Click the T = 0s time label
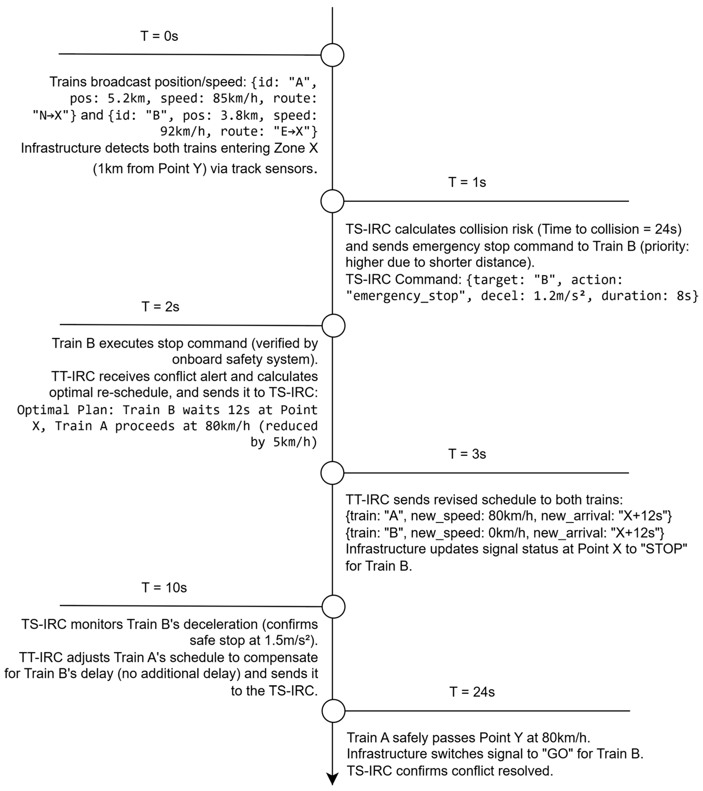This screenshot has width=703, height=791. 159,36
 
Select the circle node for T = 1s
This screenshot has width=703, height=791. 332,201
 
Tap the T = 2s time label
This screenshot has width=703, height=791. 160,306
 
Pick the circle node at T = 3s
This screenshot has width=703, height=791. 332,473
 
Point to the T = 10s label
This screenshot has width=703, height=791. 164,587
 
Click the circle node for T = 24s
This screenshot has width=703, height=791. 333,711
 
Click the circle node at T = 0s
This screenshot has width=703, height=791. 332,55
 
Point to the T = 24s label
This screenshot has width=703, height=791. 472,692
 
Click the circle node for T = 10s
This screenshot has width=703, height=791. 333,606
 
